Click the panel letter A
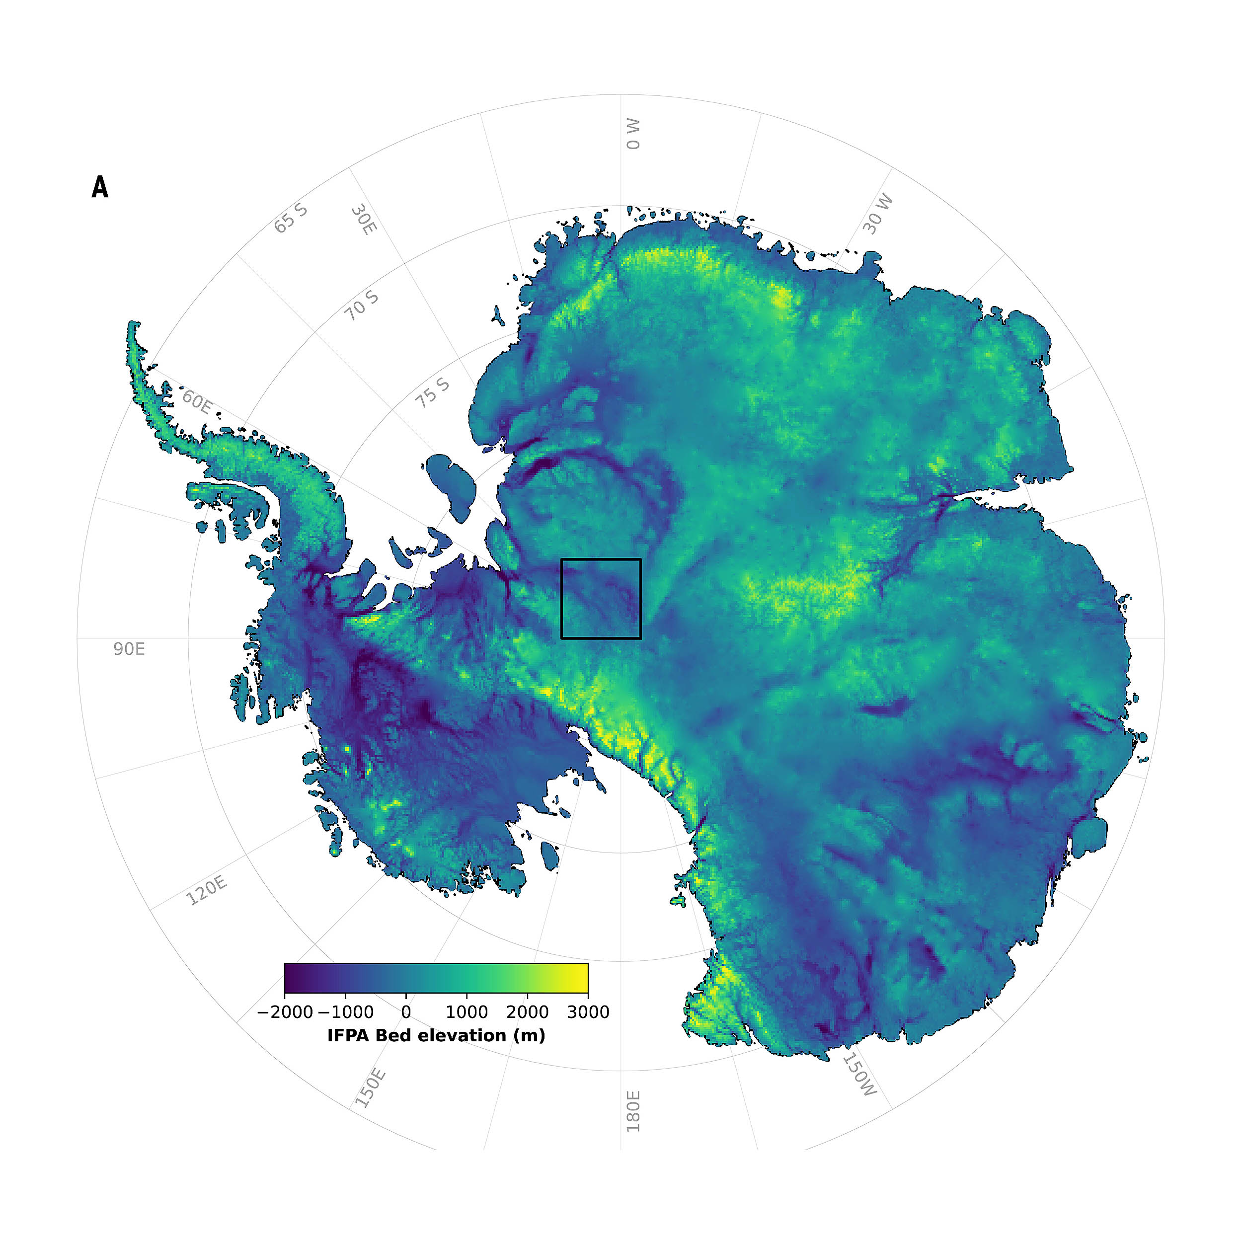[x=100, y=187]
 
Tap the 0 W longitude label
[x=634, y=134]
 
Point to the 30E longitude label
[x=364, y=219]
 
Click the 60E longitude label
[x=197, y=402]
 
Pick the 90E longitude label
[x=129, y=649]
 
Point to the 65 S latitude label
[x=291, y=219]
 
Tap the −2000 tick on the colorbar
[x=285, y=1012]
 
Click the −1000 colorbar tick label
[x=345, y=1012]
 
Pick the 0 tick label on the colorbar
[x=406, y=1012]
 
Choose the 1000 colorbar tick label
[x=466, y=1012]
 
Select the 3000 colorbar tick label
[x=588, y=1012]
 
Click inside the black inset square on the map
[x=601, y=599]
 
